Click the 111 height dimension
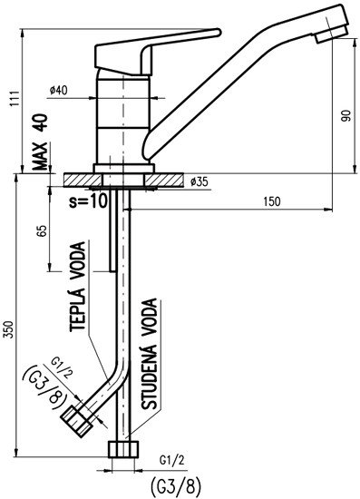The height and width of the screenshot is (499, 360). (15, 99)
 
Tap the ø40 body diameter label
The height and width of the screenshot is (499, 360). (59, 91)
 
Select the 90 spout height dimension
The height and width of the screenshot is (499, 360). (346, 115)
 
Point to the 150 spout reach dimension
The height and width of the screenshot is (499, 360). (272, 201)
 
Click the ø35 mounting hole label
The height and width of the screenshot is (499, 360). (199, 181)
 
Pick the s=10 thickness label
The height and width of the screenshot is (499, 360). (88, 201)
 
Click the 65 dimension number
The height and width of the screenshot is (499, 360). (43, 230)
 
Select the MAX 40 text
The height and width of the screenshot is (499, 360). (40, 142)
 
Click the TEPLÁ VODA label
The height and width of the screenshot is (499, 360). (78, 287)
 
